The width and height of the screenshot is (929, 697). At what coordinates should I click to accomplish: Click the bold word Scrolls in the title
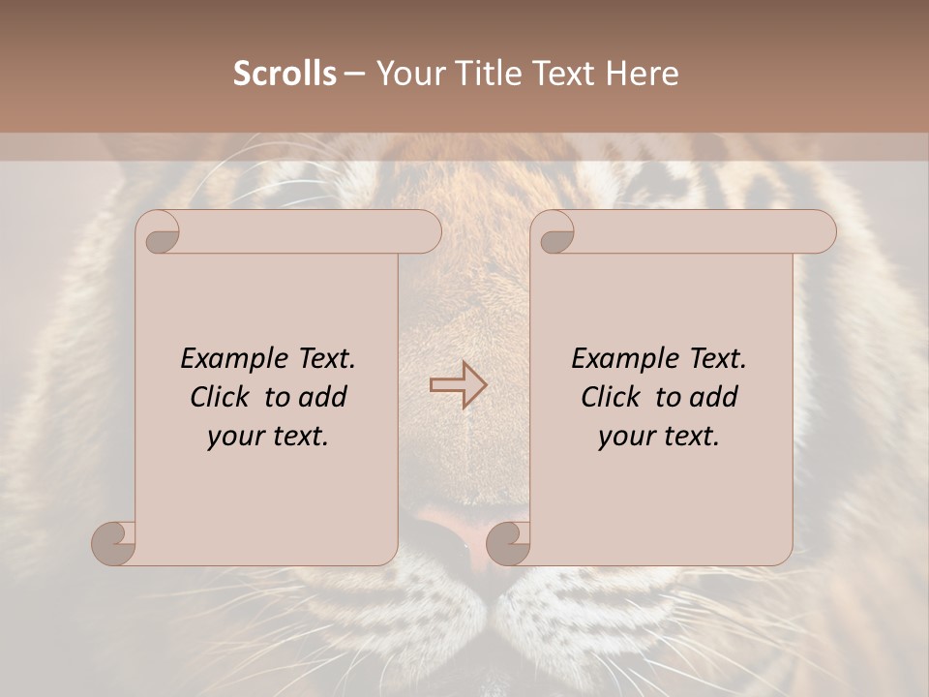[x=285, y=73]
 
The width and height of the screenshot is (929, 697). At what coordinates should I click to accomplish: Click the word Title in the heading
[x=484, y=73]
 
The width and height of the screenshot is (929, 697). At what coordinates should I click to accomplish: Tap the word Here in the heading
[x=643, y=73]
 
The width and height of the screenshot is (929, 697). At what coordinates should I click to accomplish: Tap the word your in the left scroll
[x=233, y=437]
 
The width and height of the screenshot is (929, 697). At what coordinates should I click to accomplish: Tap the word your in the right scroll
[x=624, y=437]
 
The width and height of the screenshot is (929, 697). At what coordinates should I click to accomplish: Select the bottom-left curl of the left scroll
[x=114, y=542]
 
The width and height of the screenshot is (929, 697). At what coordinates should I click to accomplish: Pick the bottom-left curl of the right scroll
[x=509, y=542]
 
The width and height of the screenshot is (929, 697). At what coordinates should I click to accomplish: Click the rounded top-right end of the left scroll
[x=426, y=232]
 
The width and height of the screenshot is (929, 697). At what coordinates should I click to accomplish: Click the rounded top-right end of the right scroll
[x=821, y=232]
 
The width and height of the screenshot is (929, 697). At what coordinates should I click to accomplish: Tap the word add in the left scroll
[x=324, y=397]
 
